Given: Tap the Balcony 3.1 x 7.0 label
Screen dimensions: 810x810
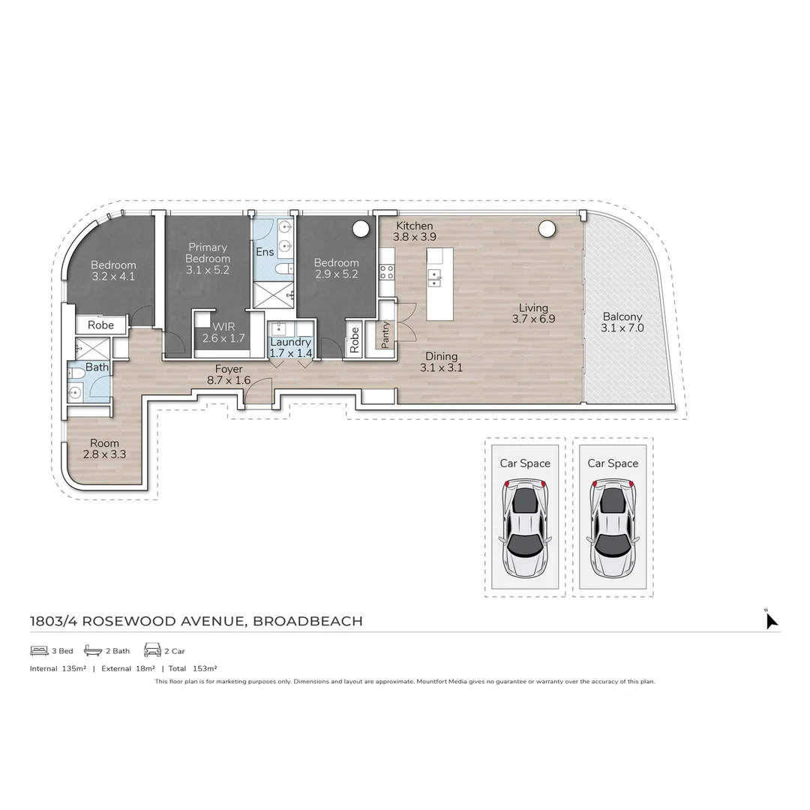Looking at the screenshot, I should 622,322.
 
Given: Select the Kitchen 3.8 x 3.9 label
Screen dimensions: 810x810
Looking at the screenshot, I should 415,231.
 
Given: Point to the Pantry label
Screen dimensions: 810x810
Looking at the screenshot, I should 385,335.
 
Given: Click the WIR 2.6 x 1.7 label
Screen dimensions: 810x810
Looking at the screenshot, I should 223,332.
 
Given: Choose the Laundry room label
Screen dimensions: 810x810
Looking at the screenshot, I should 290,347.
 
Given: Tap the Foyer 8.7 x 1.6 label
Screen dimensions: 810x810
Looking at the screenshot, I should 229,374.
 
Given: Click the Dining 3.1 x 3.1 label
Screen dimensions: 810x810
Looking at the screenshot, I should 441,361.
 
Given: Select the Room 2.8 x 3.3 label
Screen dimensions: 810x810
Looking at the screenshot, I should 105,448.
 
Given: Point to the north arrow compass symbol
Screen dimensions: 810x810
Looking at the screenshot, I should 770,620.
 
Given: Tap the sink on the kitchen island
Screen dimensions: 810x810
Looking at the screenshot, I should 434,278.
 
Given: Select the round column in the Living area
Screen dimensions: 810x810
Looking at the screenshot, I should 545,229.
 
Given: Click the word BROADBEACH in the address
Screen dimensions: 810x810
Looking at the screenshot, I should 307,621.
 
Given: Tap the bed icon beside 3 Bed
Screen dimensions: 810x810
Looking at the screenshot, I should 39,650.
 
